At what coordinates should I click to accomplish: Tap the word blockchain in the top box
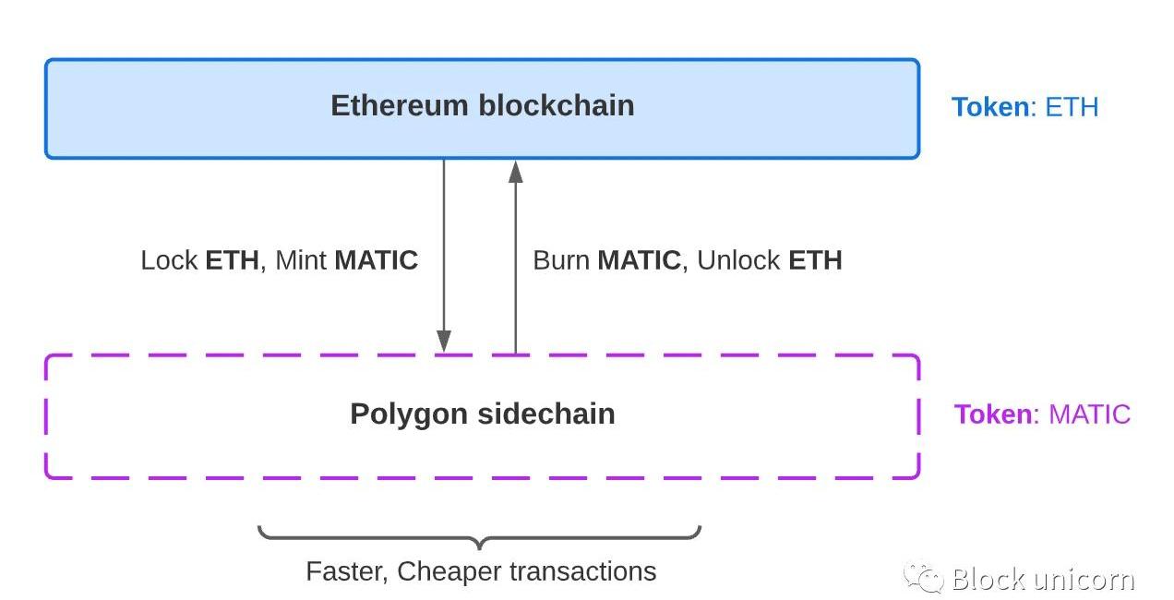pos(556,105)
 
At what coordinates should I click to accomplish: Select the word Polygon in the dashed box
pos(409,414)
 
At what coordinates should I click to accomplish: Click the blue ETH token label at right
pos(1072,107)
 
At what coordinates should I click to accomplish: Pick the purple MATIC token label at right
pos(1089,414)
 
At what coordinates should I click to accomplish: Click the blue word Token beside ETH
pos(990,107)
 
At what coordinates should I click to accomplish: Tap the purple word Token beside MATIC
pos(993,414)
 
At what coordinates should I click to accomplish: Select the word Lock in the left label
pos(169,260)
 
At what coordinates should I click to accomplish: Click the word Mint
pos(301,260)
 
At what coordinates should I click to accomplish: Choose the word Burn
pos(561,260)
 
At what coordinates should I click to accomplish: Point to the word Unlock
pos(738,260)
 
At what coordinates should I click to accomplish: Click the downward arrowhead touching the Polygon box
pos(444,342)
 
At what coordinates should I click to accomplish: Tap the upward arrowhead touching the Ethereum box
pos(515,171)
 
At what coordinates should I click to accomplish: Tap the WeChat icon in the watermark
pos(923,579)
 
